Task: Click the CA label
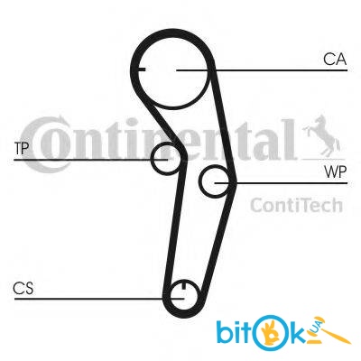335,60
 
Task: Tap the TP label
22,148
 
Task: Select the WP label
336,172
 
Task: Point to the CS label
23,288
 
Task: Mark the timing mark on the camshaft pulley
142,69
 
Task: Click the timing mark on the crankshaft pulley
184,284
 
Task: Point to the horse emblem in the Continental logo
322,135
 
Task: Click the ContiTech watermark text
296,205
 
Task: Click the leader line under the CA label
262,70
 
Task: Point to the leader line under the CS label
99,299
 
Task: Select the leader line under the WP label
281,183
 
